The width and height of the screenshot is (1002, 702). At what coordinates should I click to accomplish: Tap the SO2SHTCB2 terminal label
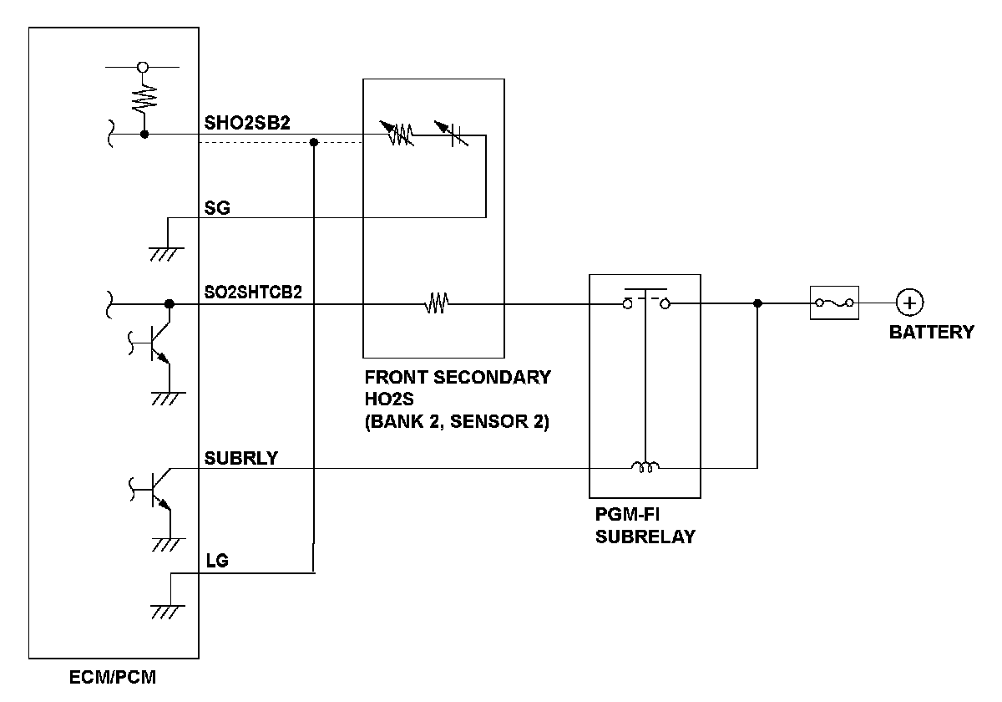254,292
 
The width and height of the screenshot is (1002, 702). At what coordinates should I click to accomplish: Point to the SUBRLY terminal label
241,458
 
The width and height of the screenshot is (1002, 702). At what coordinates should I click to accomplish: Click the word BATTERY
931,333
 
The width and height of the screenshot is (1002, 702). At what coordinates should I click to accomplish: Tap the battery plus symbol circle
909,303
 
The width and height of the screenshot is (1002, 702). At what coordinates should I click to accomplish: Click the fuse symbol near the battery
834,303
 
